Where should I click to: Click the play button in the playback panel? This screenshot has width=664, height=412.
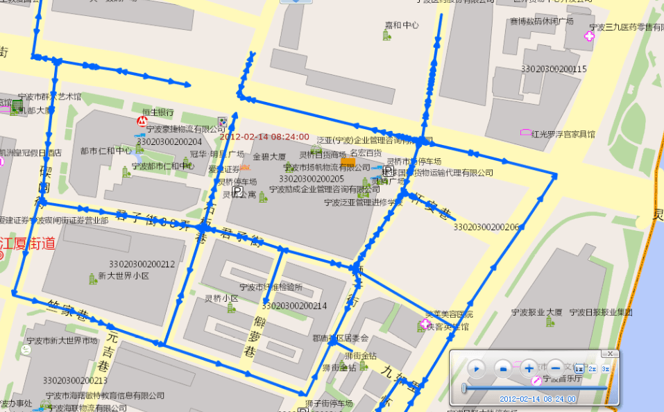point(477,368)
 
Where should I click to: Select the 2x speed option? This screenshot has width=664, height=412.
point(592,369)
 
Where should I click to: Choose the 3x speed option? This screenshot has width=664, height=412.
point(605,369)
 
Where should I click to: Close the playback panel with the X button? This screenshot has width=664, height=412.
point(611,354)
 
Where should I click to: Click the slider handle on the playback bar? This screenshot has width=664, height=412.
point(463,388)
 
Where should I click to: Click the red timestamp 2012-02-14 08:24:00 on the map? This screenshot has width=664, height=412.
point(269,137)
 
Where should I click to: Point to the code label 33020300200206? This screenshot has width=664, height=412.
point(486,227)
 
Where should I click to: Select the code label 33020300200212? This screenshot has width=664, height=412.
point(142,264)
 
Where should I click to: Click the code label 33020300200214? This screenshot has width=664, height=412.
point(295,305)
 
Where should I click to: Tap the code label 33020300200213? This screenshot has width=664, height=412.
point(75,380)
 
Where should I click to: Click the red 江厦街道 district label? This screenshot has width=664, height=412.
point(28,243)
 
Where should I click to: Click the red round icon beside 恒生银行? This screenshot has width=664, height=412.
point(142,121)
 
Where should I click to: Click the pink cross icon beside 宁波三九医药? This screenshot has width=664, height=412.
point(590,37)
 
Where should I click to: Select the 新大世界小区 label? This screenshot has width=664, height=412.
point(123,275)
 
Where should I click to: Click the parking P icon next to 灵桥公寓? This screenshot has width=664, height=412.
point(237,191)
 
